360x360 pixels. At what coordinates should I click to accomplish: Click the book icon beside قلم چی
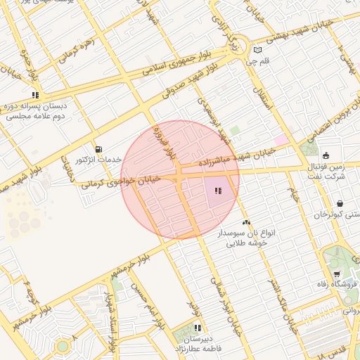pyautogui.click(x=258, y=50)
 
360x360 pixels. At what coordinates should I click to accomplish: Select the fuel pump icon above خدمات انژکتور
pyautogui.click(x=97, y=149)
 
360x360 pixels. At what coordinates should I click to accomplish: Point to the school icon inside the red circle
pyautogui.click(x=219, y=191)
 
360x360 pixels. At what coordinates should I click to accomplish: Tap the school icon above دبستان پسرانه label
pyautogui.click(x=35, y=95)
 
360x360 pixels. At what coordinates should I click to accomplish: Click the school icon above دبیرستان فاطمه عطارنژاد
pyautogui.click(x=198, y=328)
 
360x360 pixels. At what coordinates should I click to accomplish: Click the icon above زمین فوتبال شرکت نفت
pyautogui.click(x=326, y=155)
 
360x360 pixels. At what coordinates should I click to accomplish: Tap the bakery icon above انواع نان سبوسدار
pyautogui.click(x=245, y=222)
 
